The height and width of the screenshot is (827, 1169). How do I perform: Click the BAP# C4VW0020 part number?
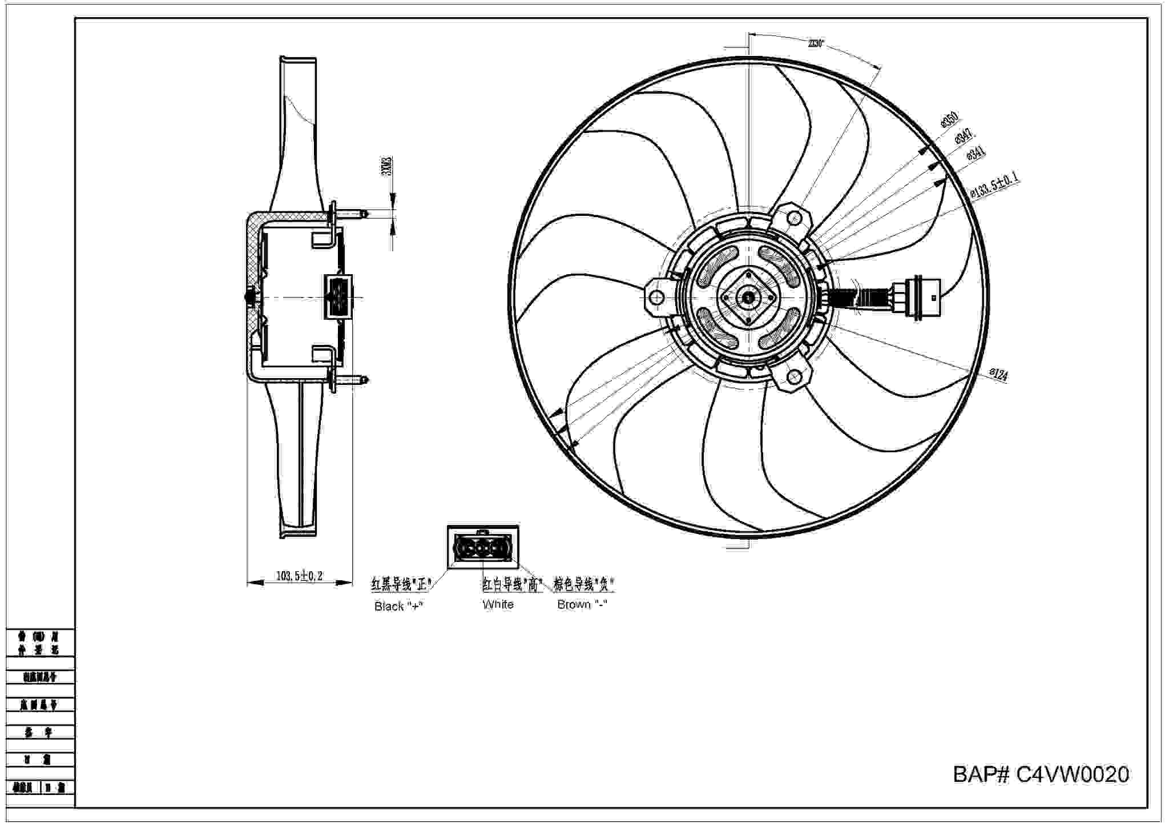[1041, 775]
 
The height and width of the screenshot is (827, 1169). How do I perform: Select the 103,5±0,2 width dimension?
[299, 576]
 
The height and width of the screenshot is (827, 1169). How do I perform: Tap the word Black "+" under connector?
[398, 607]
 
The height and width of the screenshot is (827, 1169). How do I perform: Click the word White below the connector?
[498, 604]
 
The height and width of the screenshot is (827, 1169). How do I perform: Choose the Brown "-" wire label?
[582, 604]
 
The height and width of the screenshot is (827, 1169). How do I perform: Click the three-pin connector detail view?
[483, 547]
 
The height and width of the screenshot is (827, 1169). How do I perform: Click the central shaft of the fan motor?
[748, 298]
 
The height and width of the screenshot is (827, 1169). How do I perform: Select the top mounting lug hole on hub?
[794, 218]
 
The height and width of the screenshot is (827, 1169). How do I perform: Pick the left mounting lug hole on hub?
[656, 297]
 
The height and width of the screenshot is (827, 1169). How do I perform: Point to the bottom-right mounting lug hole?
[794, 376]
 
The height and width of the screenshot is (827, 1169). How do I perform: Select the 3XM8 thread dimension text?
[386, 166]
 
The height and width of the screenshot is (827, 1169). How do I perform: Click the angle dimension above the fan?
[816, 43]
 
